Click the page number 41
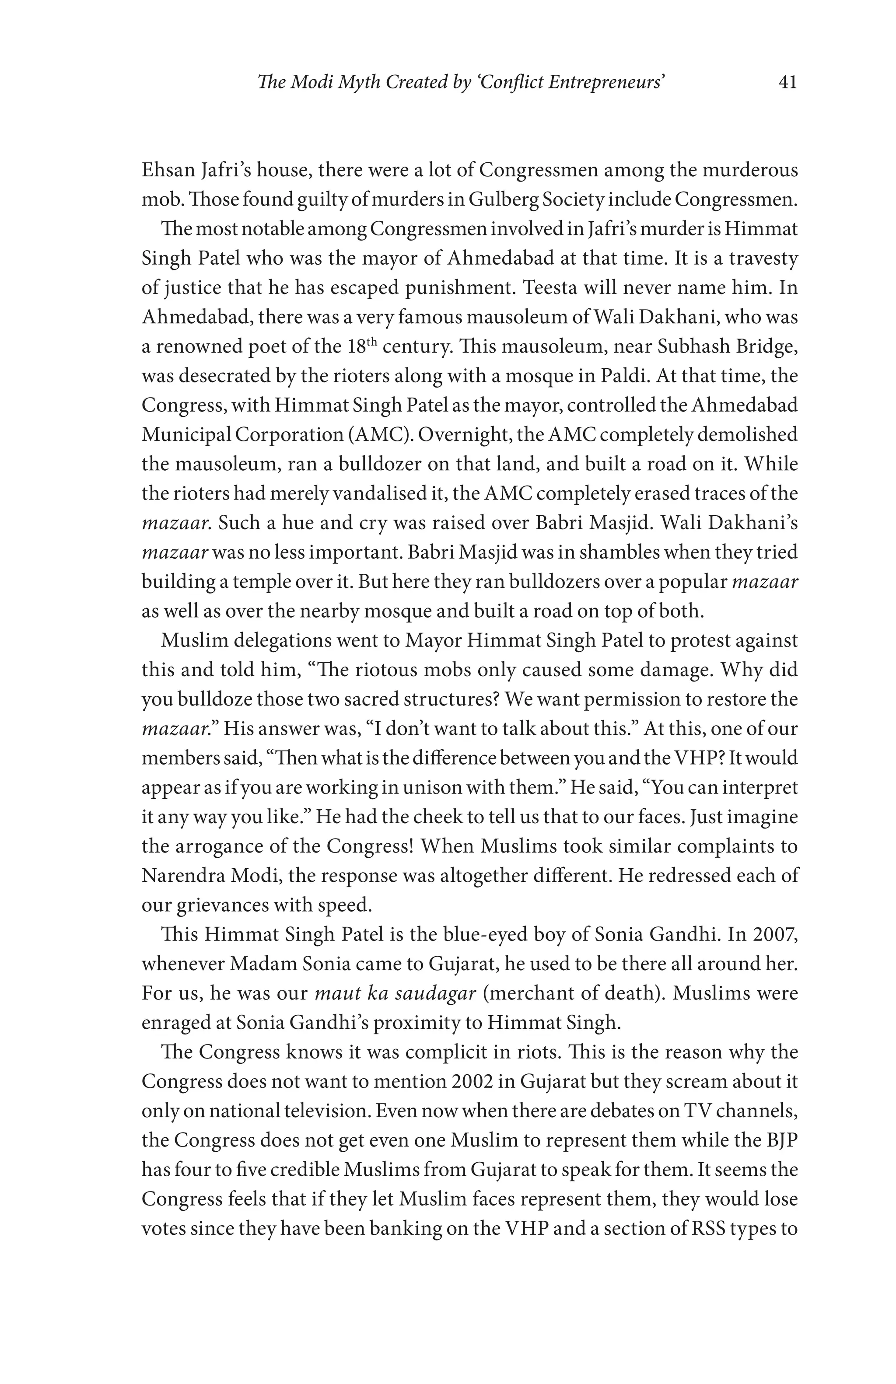(787, 83)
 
